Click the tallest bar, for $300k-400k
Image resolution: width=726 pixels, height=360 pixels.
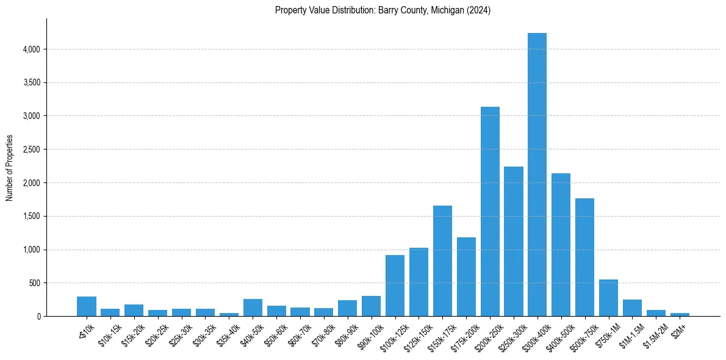pyautogui.click(x=537, y=175)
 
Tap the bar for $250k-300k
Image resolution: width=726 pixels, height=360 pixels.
pyautogui.click(x=514, y=241)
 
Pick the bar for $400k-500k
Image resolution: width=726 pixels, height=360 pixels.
pyautogui.click(x=561, y=245)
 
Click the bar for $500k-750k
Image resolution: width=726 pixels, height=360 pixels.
pyautogui.click(x=584, y=257)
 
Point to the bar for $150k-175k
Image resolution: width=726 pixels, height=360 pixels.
pyautogui.click(x=442, y=261)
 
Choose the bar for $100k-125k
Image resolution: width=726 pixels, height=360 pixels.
pyautogui.click(x=395, y=286)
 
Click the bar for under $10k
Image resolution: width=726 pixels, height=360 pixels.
pyautogui.click(x=87, y=306)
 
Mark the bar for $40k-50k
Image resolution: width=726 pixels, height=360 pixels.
pyautogui.click(x=253, y=308)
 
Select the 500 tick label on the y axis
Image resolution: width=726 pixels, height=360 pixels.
pyautogui.click(x=34, y=283)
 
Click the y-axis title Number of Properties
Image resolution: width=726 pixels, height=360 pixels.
pyautogui.click(x=10, y=168)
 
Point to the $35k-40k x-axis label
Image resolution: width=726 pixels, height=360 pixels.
pyautogui.click(x=228, y=333)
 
